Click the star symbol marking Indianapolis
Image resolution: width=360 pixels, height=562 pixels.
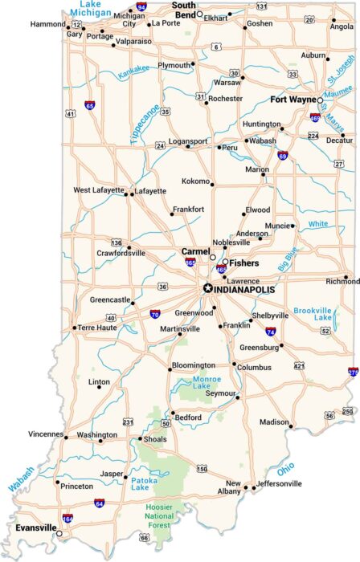point(207,288)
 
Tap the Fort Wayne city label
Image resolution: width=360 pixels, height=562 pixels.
point(293,100)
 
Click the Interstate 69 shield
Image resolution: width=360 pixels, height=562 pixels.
point(283,155)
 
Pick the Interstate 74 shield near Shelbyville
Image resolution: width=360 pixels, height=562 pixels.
point(271,331)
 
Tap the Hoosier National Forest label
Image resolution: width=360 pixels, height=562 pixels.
point(164,515)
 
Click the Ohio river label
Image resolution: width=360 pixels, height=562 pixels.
point(285,469)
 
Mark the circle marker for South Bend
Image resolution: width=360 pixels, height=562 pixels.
point(199,14)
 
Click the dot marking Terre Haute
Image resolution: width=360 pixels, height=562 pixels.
point(75,328)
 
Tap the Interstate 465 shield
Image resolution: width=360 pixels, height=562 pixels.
point(221,270)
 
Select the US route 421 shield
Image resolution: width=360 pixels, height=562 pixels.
point(299,365)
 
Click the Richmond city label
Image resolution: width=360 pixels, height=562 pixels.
point(342,282)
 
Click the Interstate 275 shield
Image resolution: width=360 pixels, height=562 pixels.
point(354,373)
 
